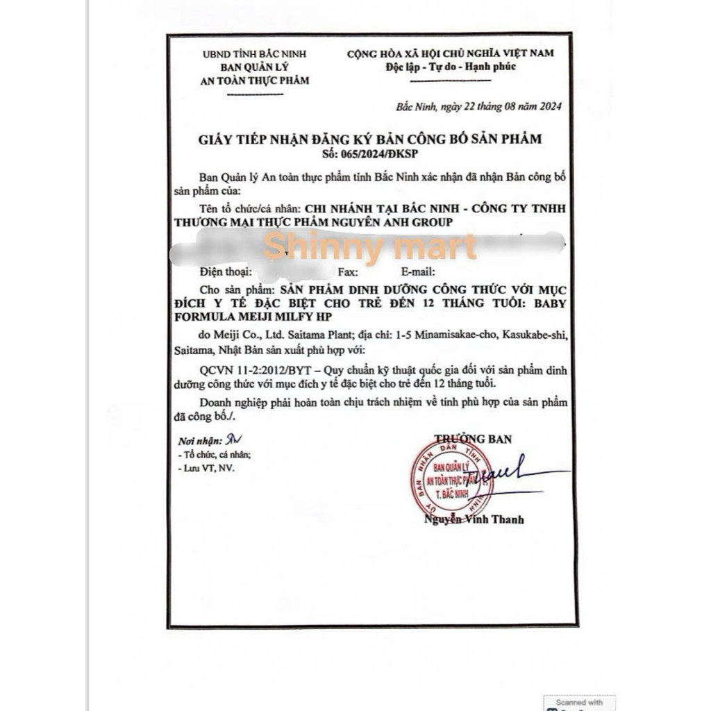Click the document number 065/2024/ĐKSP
370,153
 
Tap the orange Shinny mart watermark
370,247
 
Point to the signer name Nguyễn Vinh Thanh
474,519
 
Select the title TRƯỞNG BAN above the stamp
473,439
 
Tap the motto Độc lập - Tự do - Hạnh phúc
451,67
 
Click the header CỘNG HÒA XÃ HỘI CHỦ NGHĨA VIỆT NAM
451,53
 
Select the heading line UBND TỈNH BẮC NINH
254,54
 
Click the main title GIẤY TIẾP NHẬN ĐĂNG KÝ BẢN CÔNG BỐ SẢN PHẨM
370,139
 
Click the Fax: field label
348,272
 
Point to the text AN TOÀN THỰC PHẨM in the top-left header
254,80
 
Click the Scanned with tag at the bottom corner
579,702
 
